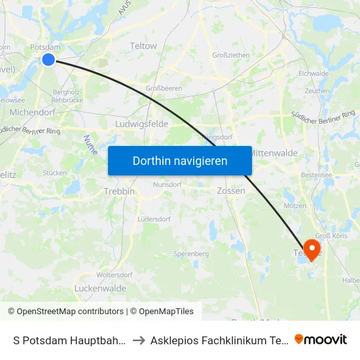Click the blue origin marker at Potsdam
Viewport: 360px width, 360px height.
coord(48,60)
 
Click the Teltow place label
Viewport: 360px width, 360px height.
coord(143,46)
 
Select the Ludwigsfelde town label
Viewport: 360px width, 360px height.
coord(141,124)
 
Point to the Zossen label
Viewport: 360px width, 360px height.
coord(230,191)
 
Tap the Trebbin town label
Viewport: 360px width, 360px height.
coord(119,191)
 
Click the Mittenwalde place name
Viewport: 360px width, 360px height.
coord(273,153)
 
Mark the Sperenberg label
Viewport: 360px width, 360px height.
coord(190,253)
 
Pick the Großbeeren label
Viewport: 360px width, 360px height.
coord(163,88)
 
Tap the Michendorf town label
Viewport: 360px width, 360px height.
coord(32,113)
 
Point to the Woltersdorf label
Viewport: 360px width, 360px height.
coord(115,275)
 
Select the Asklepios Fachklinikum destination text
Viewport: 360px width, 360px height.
coord(219,340)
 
